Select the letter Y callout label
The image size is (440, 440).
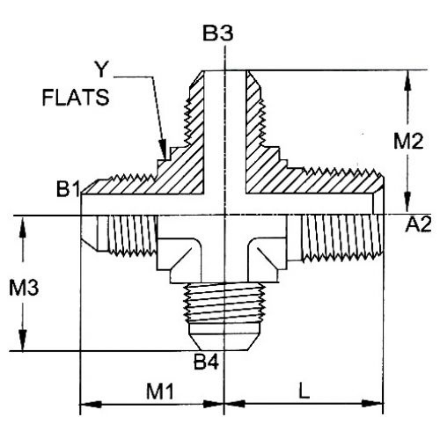(x=100, y=70)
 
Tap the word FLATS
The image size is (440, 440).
(x=76, y=98)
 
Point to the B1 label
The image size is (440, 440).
(x=68, y=190)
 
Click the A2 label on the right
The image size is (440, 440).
(x=418, y=225)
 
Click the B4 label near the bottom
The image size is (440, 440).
(x=206, y=362)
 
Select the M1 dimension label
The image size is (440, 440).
(x=160, y=392)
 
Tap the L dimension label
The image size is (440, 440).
(x=304, y=392)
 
